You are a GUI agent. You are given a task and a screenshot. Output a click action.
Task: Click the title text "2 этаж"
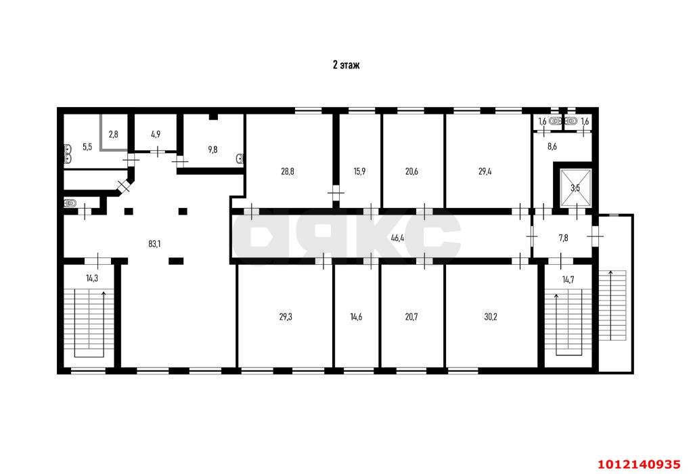[x=346, y=65]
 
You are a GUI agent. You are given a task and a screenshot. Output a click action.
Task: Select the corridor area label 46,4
[x=398, y=238]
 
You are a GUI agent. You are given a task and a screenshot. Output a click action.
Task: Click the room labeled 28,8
[x=288, y=172]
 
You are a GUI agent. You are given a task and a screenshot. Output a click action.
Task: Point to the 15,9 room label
[x=359, y=172]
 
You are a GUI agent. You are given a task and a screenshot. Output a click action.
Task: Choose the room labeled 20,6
[x=411, y=172]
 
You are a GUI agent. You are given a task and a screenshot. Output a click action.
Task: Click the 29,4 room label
[x=485, y=172]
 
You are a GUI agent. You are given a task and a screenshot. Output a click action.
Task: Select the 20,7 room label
[x=411, y=316]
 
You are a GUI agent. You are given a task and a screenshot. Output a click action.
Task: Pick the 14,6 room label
[x=357, y=316]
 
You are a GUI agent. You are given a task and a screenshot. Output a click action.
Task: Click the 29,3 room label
[x=286, y=316]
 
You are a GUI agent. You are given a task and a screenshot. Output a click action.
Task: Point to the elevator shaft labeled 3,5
[x=575, y=188]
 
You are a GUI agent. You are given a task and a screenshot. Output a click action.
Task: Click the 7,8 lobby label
[x=563, y=238]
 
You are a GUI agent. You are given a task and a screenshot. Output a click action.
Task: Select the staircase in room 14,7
[x=568, y=323]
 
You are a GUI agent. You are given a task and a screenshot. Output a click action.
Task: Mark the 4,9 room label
[x=156, y=134]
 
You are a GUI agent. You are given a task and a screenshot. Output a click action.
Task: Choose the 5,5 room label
[x=87, y=146]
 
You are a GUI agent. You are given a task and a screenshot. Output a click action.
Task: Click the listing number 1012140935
[x=638, y=464]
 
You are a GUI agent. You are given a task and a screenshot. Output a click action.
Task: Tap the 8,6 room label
[x=552, y=146]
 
